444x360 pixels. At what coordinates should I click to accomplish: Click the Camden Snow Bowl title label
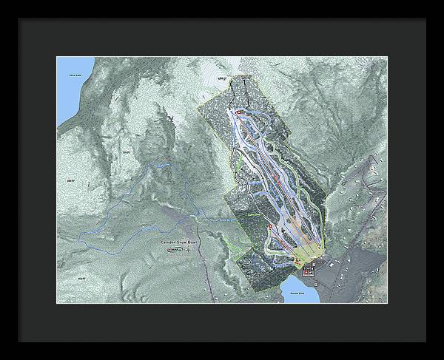[178, 242]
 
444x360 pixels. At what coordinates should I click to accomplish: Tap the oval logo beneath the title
[175, 251]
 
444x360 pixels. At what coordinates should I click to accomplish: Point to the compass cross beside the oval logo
[189, 250]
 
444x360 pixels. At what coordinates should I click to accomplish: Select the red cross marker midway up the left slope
[271, 226]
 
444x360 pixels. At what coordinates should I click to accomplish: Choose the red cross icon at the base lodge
[306, 271]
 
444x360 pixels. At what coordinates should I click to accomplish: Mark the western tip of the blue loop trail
[79, 235]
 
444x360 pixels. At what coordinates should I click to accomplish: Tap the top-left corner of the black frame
[16, 16]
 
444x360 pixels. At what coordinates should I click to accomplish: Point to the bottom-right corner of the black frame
[427, 344]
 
